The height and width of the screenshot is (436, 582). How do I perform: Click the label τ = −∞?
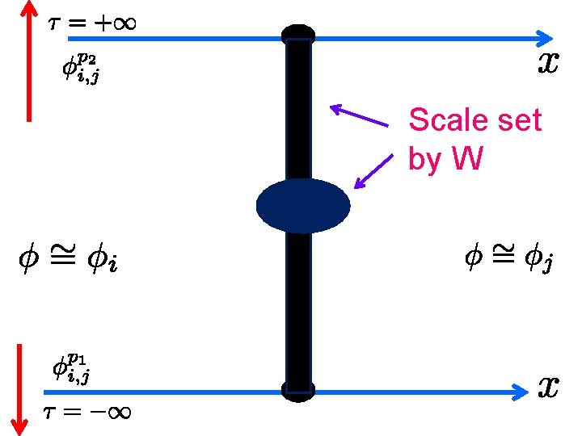(x=87, y=412)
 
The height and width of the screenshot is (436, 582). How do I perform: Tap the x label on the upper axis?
(x=548, y=64)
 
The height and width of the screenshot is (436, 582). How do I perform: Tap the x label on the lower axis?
(x=548, y=388)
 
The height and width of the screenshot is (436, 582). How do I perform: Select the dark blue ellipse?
(x=303, y=206)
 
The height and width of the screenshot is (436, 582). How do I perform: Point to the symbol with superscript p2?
(x=82, y=69)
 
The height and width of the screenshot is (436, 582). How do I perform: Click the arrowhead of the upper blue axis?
(x=546, y=37)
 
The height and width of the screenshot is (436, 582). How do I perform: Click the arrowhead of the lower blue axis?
(x=518, y=392)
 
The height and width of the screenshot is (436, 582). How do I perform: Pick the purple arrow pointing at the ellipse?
(x=371, y=171)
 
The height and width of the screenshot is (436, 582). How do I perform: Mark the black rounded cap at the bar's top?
(x=297, y=35)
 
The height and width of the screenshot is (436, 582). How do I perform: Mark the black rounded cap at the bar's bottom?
(x=297, y=391)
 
